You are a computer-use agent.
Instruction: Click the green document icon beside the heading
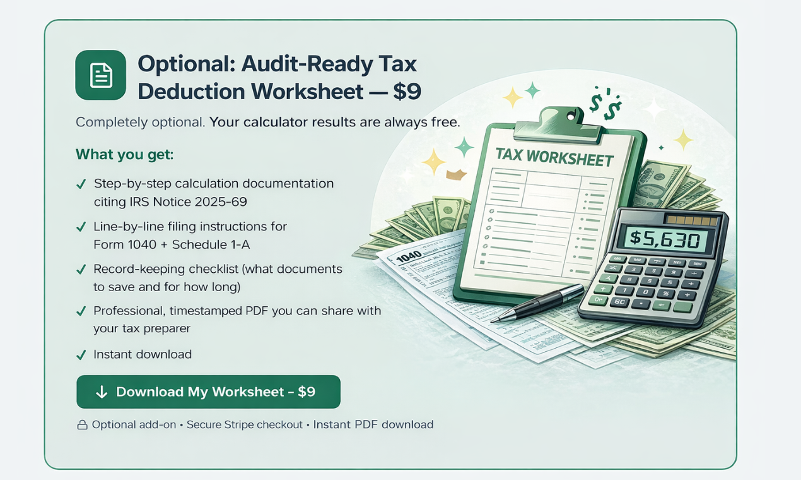(x=100, y=75)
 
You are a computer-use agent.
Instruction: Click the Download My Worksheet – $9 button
(x=208, y=392)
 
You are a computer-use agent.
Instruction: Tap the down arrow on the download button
(x=102, y=392)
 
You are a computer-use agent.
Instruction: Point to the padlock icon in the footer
(x=82, y=425)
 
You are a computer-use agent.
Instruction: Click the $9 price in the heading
(x=406, y=92)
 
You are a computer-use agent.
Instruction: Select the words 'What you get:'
(x=124, y=155)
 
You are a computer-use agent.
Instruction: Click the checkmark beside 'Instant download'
(x=81, y=355)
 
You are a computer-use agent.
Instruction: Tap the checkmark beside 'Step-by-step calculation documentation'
(x=81, y=184)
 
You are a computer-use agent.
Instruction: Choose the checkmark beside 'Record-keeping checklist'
(x=81, y=270)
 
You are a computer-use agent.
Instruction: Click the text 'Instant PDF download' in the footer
(x=373, y=424)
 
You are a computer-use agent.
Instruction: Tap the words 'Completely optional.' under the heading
(x=140, y=122)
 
